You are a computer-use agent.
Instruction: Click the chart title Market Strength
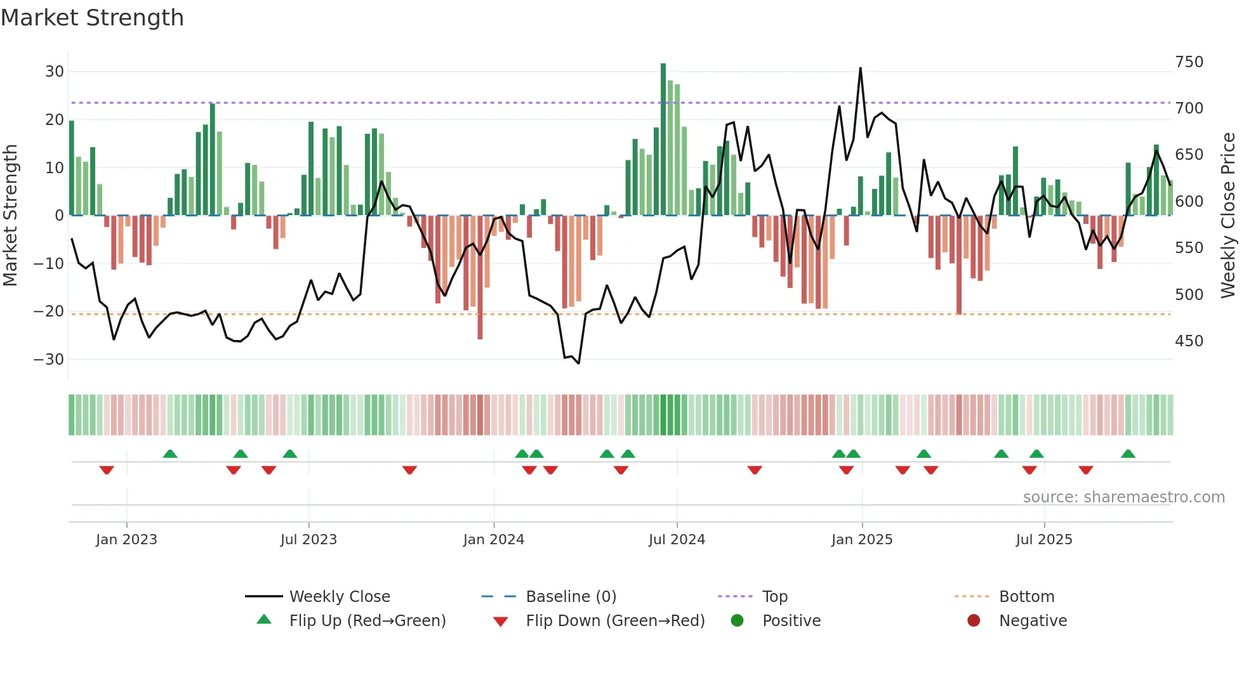tap(92, 18)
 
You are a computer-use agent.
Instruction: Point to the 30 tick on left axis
tap(55, 72)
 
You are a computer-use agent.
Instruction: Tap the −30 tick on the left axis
tap(49, 360)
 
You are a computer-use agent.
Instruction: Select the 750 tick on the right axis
tap(1189, 62)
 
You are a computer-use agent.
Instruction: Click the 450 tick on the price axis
tap(1189, 341)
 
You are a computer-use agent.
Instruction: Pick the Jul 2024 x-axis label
tap(677, 540)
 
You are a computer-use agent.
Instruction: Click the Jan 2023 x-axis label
tap(126, 540)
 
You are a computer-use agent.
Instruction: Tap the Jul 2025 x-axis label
tap(1044, 540)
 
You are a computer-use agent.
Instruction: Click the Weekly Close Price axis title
tap(1228, 216)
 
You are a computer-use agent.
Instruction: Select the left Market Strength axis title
tap(10, 216)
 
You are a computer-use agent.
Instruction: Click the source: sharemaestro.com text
tap(1123, 497)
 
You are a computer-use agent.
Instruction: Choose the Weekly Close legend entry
tap(340, 597)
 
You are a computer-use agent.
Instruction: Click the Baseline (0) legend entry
tap(571, 597)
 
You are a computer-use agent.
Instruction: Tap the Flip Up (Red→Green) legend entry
tap(367, 621)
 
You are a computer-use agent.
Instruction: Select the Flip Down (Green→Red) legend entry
tap(615, 621)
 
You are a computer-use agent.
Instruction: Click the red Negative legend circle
tap(974, 621)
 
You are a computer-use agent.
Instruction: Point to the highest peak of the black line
tap(861, 69)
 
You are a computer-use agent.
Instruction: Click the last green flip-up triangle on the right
tap(1128, 454)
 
